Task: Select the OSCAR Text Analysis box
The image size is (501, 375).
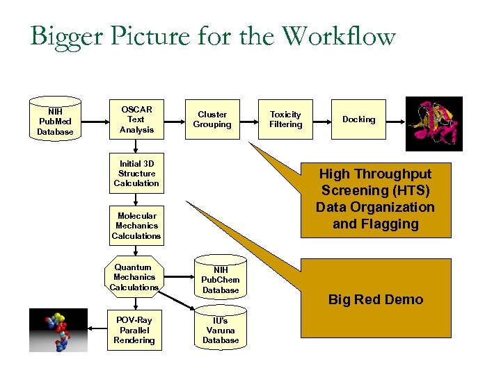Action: coord(136,119)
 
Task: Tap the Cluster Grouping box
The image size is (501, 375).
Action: coord(212,119)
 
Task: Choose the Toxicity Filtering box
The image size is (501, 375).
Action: coord(286,119)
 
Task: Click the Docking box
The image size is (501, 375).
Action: coord(359,119)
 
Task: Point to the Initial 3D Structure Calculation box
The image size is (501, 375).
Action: coord(136,174)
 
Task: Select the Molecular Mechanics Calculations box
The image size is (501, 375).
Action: coord(136,226)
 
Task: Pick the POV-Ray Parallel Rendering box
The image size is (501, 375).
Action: coord(134,331)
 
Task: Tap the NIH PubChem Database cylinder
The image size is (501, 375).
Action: coord(221,279)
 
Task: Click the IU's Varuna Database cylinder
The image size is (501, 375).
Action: coord(221,330)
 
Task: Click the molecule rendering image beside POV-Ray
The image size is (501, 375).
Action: coord(58,330)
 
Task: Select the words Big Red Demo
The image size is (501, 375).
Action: coord(376,300)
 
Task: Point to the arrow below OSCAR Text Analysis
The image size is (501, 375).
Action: coord(136,147)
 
